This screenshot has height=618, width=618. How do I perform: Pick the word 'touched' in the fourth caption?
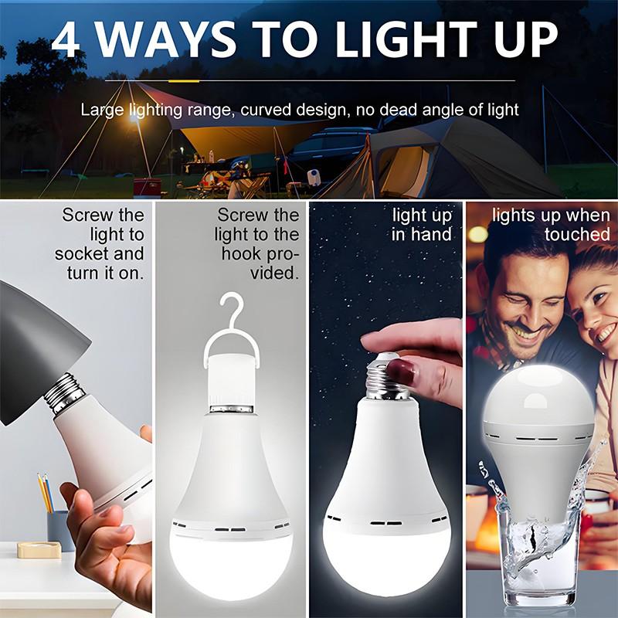point(577,234)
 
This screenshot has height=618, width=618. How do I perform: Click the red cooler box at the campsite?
point(147,188)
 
